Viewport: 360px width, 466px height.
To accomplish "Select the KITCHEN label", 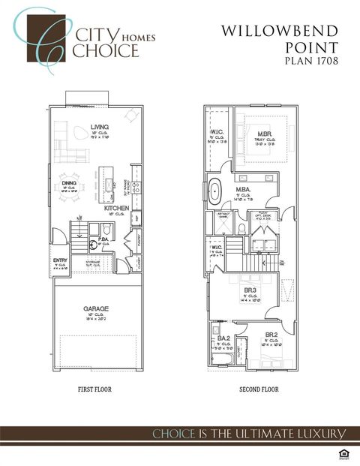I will click(x=122, y=207).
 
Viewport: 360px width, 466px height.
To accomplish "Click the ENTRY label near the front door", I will click(x=60, y=260).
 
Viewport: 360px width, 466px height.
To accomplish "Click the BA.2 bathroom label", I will click(x=223, y=338).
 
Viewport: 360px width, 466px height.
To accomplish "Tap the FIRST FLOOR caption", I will click(x=95, y=389).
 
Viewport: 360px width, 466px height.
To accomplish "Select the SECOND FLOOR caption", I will click(x=259, y=389).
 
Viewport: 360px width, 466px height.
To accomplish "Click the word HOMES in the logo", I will click(x=124, y=35).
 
